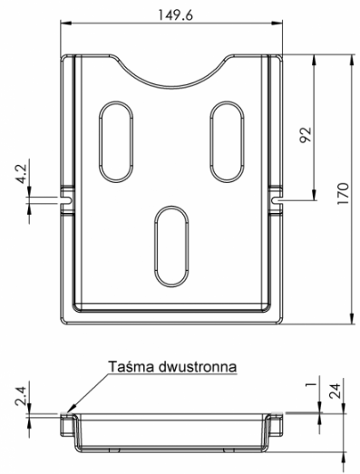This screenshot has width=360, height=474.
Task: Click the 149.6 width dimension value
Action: coord(176,15)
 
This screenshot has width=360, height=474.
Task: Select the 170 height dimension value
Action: coord(343,193)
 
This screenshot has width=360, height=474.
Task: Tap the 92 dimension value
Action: coord(306,135)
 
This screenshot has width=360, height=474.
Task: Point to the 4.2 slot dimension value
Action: coord(22,174)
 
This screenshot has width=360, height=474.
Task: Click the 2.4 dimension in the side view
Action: coord(22,396)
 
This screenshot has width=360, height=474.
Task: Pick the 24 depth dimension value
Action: coord(335,391)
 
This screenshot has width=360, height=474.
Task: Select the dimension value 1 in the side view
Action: coord(311,384)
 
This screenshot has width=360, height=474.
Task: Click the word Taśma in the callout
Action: coord(131,366)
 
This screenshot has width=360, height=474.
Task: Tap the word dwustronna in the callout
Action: coord(198,366)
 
